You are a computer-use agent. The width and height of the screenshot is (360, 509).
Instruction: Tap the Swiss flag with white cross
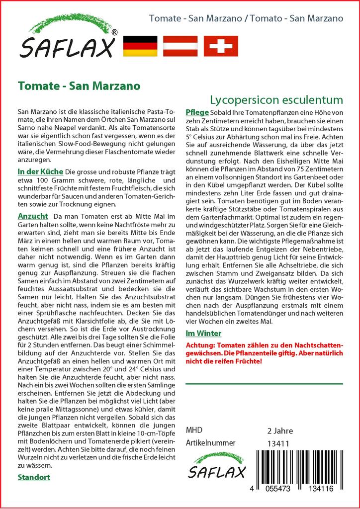tap(221, 46)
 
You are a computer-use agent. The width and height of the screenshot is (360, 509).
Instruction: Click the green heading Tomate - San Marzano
tap(79, 85)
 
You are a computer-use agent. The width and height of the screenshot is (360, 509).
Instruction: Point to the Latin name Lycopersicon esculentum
tap(276, 99)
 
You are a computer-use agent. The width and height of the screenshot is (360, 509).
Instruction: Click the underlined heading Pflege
tap(197, 112)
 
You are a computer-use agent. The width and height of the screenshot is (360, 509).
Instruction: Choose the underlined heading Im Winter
tap(203, 333)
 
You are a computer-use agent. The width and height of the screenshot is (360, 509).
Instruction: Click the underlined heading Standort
tap(34, 477)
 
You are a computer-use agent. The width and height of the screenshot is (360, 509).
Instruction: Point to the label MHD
tap(194, 430)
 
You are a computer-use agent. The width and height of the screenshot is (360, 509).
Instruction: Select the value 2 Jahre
tap(280, 430)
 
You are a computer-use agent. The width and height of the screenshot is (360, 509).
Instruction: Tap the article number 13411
tap(278, 443)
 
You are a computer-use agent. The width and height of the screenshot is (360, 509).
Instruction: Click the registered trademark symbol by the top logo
tap(114, 32)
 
